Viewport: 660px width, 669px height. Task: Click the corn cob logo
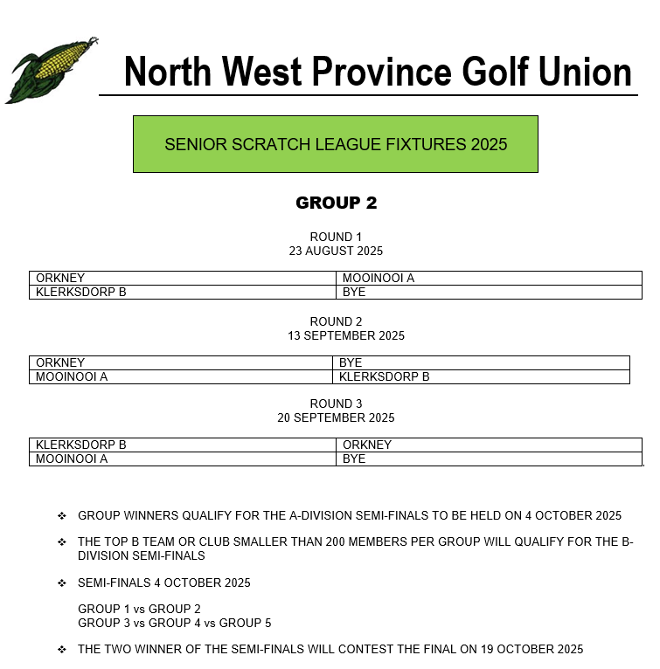tap(49, 70)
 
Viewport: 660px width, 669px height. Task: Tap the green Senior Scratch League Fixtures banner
tap(336, 144)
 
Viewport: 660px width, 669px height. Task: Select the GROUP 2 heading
tap(336, 203)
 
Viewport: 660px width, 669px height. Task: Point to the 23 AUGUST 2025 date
tap(336, 251)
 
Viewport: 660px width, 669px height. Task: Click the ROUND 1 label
tap(336, 237)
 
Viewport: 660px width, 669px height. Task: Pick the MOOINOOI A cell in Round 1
tap(378, 279)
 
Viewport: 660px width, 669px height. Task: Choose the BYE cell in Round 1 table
tap(354, 292)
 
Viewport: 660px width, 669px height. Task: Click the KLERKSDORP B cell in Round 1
tap(80, 292)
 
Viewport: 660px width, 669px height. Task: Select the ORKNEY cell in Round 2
tap(60, 362)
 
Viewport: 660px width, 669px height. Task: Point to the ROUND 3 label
tap(336, 403)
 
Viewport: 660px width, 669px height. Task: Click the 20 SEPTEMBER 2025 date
tap(336, 417)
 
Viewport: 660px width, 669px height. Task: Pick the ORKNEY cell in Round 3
tap(367, 445)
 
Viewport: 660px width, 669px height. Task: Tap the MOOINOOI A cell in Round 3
tap(72, 459)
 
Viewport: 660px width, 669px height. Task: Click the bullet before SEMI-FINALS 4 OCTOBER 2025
tap(62, 583)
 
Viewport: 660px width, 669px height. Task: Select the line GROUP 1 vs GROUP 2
tap(139, 609)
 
